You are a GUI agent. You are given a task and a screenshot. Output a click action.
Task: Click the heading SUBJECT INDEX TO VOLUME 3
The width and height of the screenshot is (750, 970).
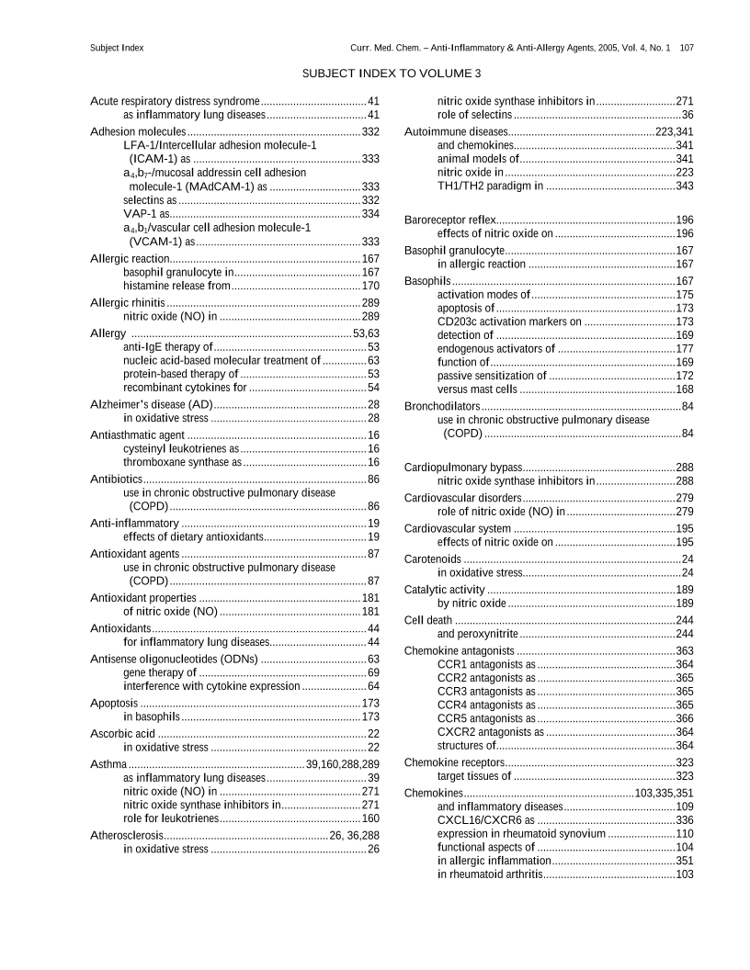391,73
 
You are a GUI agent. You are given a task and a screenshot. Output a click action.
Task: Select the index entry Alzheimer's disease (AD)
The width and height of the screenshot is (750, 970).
152,405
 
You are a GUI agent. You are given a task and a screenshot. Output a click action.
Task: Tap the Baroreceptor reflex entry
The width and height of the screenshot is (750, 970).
450,220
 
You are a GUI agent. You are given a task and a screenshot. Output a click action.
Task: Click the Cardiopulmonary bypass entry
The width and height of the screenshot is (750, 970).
463,468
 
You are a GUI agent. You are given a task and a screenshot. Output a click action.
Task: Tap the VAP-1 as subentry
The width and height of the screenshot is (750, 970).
144,214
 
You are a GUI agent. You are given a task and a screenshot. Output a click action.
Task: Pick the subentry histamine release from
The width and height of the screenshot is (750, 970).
176,287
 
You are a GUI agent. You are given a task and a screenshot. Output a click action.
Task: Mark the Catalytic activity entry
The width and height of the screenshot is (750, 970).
445,590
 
